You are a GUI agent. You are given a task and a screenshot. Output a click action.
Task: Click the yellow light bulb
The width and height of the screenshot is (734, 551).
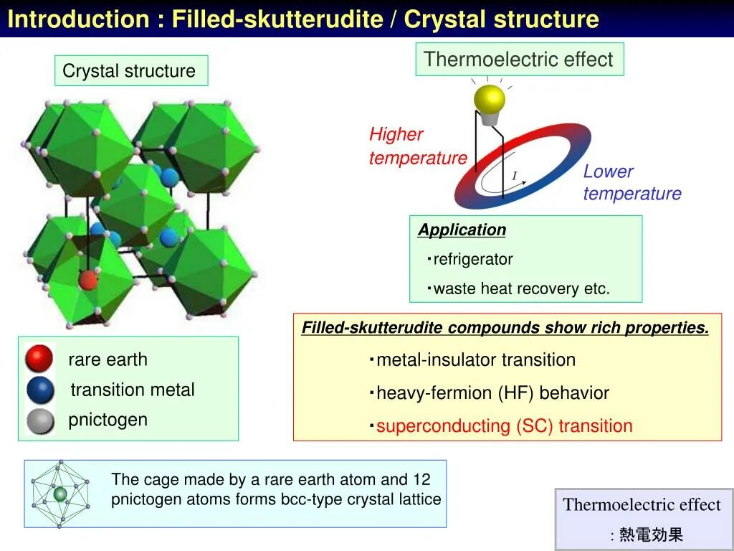pos(490,99)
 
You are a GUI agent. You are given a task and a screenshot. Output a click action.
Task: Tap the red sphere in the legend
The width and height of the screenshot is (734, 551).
pos(39,358)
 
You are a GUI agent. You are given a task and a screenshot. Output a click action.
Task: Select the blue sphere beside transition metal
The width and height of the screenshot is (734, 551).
pos(40,390)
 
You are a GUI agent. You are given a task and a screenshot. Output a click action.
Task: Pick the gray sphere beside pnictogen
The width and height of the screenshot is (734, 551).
pos(40,421)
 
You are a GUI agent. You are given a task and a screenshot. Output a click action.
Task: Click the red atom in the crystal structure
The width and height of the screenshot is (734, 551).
pos(87,279)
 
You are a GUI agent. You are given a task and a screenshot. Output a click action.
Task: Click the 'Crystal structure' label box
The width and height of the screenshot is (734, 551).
pos(130,71)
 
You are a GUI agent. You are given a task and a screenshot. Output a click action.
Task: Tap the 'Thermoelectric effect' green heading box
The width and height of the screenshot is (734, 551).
pos(519,60)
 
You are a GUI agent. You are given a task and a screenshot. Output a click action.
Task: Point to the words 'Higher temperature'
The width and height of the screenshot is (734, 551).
pos(417,146)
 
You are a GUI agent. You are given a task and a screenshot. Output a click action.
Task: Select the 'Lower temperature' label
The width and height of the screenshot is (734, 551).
pos(631,182)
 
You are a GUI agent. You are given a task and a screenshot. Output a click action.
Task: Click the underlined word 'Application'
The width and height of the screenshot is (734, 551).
pos(462,230)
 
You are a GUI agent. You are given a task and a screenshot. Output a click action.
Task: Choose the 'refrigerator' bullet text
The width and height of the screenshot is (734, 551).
pos(473,259)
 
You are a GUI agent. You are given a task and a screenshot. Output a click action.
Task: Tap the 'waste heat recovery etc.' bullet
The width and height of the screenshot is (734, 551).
pos(521,289)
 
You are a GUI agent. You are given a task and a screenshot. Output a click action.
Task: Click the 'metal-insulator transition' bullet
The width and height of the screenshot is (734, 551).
pos(476,360)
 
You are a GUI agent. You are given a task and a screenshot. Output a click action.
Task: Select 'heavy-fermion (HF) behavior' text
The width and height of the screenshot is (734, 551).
pos(492,393)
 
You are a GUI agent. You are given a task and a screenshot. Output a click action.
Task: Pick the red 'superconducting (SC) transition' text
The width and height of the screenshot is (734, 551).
pos(504,426)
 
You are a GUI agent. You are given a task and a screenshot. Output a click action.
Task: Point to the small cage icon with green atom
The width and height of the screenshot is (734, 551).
pos(60,493)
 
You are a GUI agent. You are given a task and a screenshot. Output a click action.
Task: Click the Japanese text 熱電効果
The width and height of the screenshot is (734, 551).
pos(651,534)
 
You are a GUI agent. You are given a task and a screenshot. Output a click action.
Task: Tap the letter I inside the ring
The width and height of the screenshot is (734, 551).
pos(514,176)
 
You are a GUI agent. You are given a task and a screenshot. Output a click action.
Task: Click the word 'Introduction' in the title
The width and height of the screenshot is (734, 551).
pos(75,19)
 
